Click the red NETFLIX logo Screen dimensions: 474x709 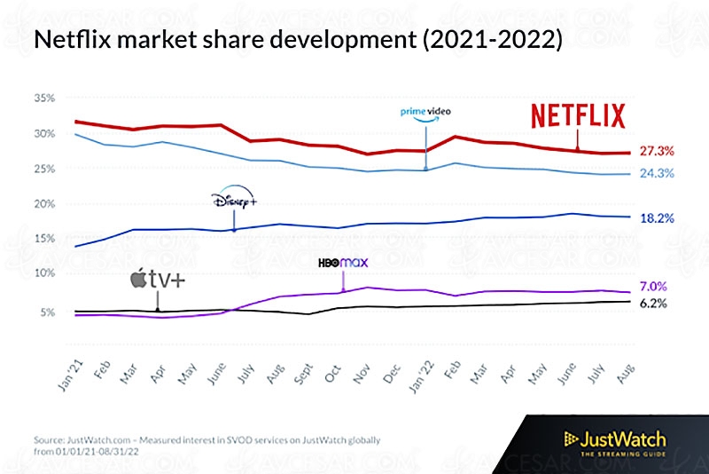point(578,116)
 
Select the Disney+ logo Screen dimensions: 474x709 point(234,200)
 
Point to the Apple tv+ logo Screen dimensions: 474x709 point(158,281)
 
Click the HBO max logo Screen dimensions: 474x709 point(342,264)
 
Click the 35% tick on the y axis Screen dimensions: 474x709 point(44,99)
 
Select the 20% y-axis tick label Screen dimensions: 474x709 point(44,204)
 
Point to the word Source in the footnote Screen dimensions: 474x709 point(51,439)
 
